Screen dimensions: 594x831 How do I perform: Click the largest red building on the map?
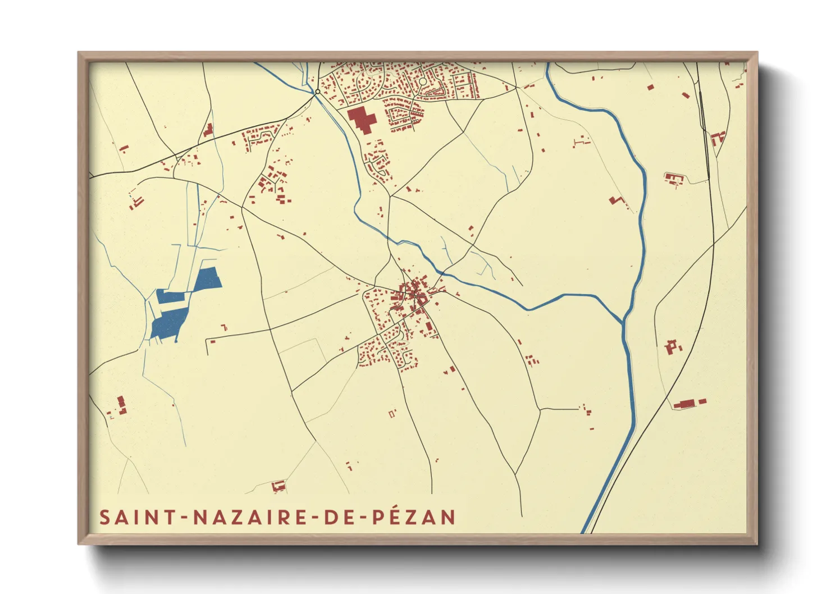[x=362, y=120]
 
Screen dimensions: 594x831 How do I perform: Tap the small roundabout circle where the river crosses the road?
[x=318, y=92]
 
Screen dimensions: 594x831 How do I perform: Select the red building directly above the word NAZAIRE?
[x=278, y=485]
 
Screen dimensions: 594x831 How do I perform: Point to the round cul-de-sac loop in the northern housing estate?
[x=423, y=82]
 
